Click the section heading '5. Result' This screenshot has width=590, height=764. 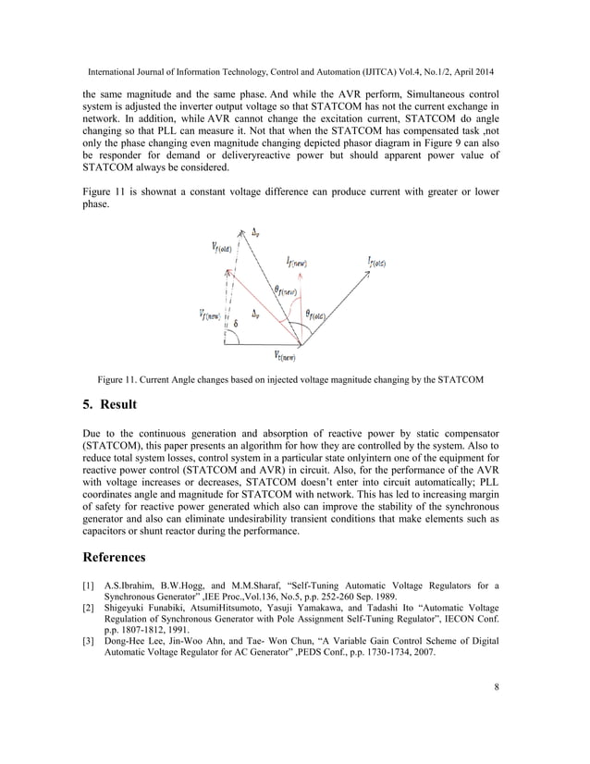click(x=110, y=404)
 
